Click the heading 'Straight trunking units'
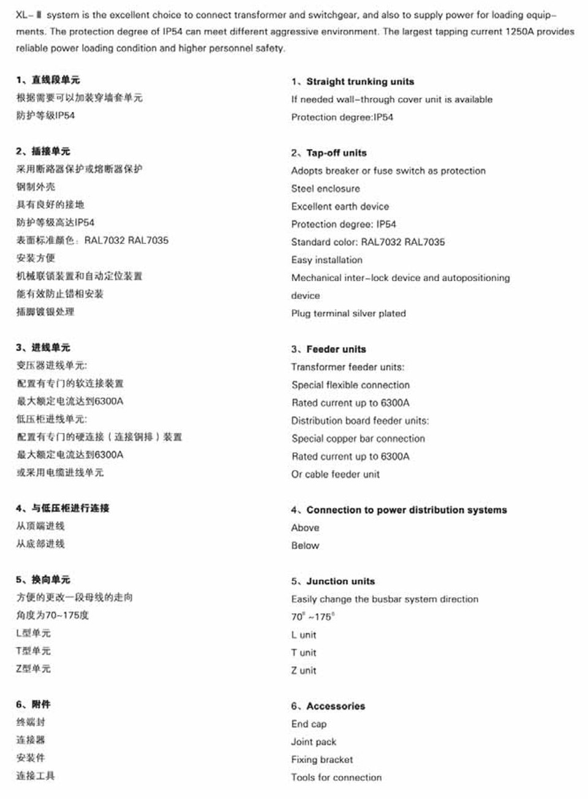(x=360, y=81)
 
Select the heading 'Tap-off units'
(x=336, y=153)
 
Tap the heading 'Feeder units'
(x=336, y=349)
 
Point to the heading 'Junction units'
(x=341, y=581)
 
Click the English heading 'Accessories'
(x=335, y=706)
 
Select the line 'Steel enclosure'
(x=325, y=189)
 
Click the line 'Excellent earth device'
(x=340, y=206)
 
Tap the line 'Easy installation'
(x=326, y=260)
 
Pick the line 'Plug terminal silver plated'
(x=349, y=314)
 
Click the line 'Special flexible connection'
(x=350, y=385)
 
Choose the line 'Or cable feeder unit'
(x=335, y=474)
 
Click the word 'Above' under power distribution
(x=305, y=528)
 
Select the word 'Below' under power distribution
(x=305, y=545)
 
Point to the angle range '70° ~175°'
(x=313, y=617)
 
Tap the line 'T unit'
(x=304, y=653)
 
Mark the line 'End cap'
(x=309, y=724)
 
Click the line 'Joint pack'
(x=314, y=742)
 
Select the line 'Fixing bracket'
(x=322, y=760)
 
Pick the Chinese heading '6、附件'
(x=34, y=705)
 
